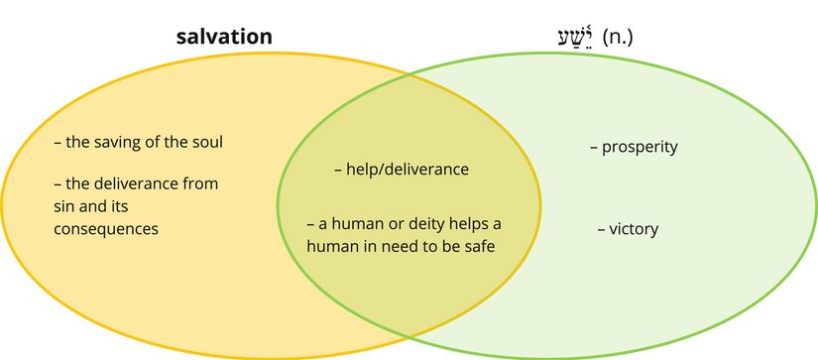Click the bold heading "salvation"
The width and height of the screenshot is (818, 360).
pos(223,38)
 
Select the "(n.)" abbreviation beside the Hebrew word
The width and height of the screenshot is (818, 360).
pos(618,38)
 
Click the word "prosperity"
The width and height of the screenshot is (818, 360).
pos(640,148)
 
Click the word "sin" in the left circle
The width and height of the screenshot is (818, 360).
pos(63,206)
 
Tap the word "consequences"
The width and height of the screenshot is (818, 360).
pos(106,229)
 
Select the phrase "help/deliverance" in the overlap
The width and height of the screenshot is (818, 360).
pos(408,170)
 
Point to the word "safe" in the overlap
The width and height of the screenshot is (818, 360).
pos(479,245)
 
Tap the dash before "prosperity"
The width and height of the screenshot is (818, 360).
pos(594,148)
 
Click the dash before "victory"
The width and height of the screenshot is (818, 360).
pos(601,229)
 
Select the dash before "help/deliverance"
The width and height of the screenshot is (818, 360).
pos(339,170)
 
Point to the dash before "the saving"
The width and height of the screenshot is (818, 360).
pos(58,142)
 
